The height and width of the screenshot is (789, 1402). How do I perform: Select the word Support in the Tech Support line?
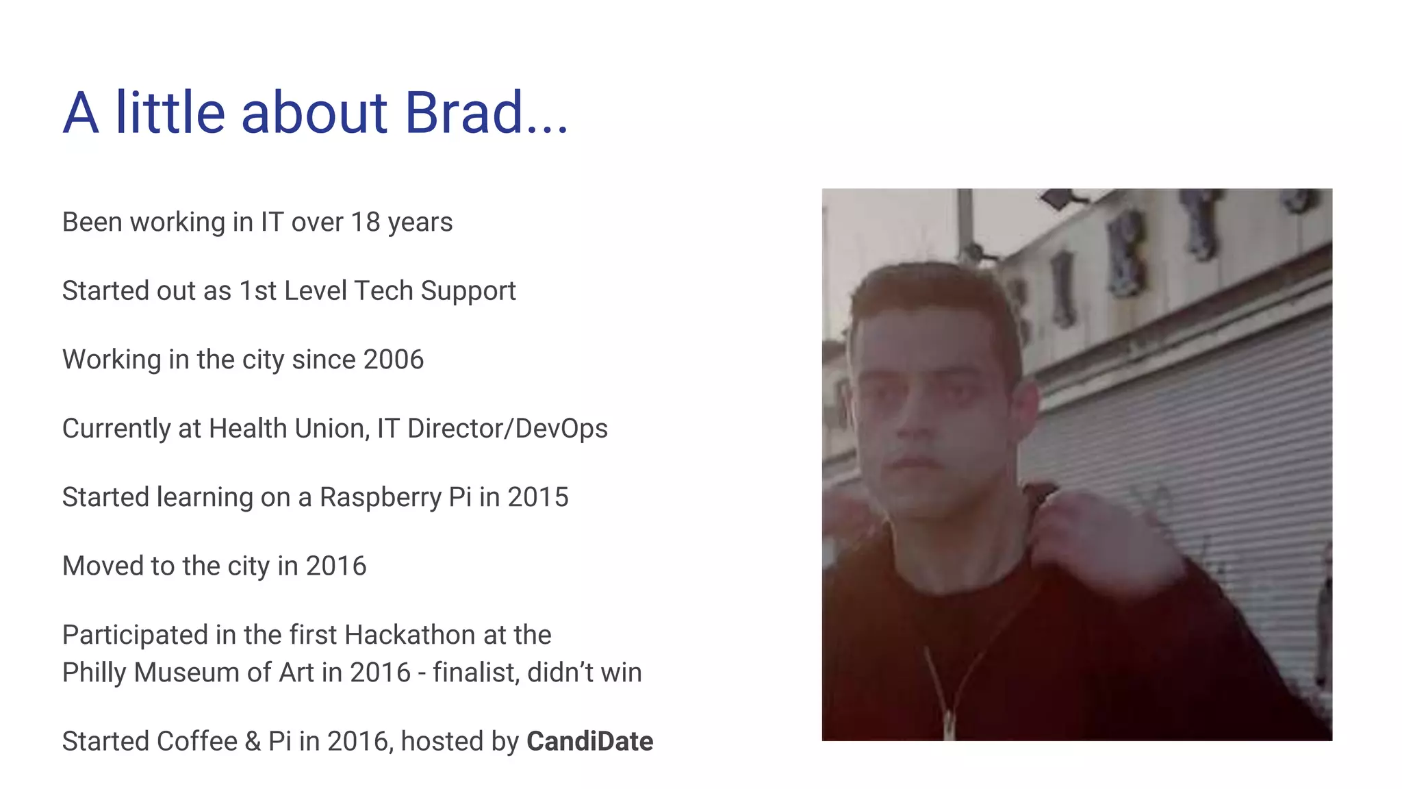(468, 291)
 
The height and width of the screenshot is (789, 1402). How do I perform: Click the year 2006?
(393, 360)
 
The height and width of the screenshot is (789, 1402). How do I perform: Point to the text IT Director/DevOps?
(492, 429)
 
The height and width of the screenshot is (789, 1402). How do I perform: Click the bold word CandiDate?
(589, 742)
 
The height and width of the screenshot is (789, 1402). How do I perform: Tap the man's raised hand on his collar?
(1095, 541)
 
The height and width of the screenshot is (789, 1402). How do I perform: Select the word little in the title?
(170, 113)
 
